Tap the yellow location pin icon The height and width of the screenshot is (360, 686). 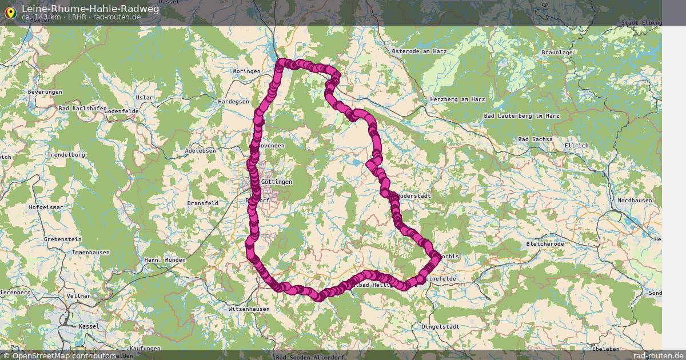[x=10, y=12]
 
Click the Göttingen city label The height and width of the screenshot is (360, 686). [x=276, y=182]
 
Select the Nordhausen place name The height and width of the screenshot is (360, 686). [x=635, y=201]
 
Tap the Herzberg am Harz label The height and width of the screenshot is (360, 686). [x=457, y=99]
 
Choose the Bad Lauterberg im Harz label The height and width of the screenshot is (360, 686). [x=521, y=115]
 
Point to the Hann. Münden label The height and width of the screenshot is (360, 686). [x=165, y=260]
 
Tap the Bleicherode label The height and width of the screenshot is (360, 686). [x=545, y=243]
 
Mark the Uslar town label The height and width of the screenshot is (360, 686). [x=145, y=97]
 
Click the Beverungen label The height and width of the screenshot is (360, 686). [x=45, y=92]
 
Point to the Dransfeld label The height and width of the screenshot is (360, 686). [x=202, y=203]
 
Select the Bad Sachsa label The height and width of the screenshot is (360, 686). [x=535, y=139]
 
